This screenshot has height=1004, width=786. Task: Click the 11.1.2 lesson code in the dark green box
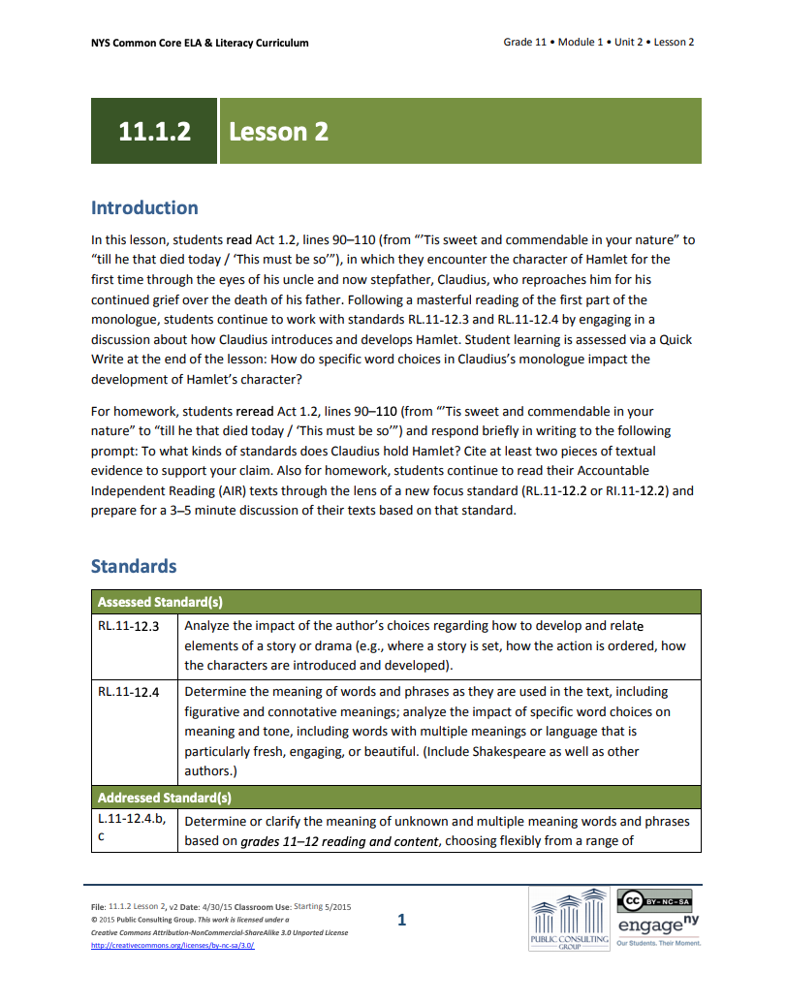coord(154,131)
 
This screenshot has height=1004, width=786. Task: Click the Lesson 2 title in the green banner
coord(279,131)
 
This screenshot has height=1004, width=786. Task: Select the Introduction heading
coord(144,207)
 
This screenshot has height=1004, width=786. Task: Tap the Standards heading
coord(134,566)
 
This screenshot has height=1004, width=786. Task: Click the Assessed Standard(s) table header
coord(160,602)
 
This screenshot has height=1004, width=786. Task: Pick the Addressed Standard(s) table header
coord(164,798)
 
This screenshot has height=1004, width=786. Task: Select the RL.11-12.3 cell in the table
coord(128,626)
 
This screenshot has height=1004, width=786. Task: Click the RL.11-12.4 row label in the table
coord(128,692)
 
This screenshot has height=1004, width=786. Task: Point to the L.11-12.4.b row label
coord(132,821)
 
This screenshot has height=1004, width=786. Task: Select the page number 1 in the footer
coord(401,920)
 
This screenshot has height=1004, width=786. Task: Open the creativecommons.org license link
coord(173,946)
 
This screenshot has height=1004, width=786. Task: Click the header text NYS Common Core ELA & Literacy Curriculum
coord(200,43)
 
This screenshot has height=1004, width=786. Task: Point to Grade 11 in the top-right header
coord(524,43)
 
